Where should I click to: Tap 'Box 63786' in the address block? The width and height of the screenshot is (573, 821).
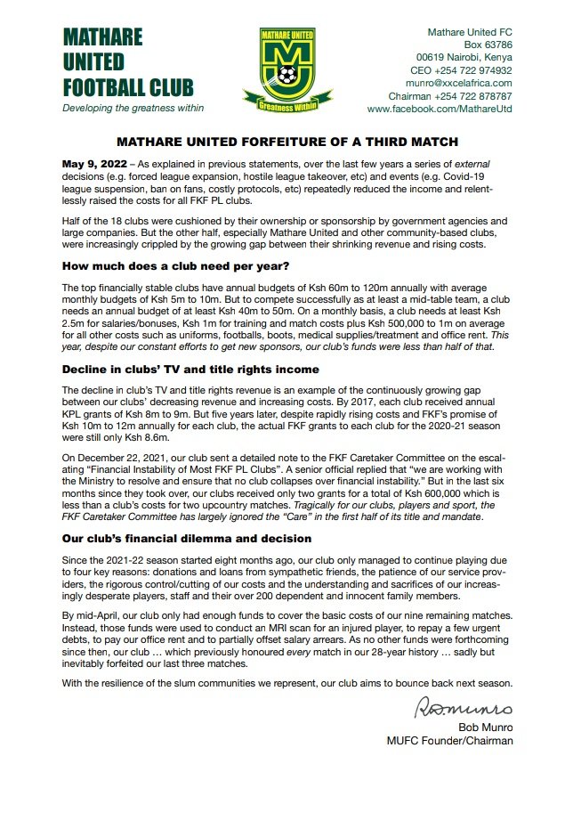[x=488, y=45]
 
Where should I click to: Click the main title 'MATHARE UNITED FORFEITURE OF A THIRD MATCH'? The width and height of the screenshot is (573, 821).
[x=286, y=142]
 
